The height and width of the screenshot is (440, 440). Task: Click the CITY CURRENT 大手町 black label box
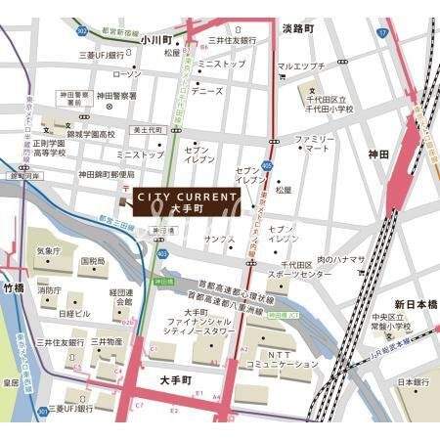pyautogui.click(x=181, y=202)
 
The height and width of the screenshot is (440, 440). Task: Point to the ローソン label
pyautogui.click(x=127, y=73)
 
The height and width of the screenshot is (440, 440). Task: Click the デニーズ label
pyautogui.click(x=206, y=91)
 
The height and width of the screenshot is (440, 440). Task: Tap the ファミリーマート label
pyautogui.click(x=315, y=146)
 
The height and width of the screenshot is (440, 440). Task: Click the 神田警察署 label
pyautogui.click(x=116, y=96)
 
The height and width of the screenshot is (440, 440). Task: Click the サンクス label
pyautogui.click(x=219, y=239)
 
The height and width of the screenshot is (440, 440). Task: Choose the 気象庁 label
pyautogui.click(x=48, y=250)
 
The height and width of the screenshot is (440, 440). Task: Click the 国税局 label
pyautogui.click(x=93, y=261)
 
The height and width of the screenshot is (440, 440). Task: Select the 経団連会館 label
pyautogui.click(x=121, y=296)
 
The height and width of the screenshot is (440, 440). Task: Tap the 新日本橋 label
pyautogui.click(x=415, y=305)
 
